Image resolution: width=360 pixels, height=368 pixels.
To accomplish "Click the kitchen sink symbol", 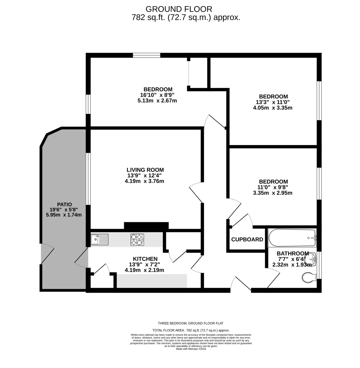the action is [100, 240].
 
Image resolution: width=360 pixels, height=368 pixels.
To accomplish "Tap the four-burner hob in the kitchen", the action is [137, 240].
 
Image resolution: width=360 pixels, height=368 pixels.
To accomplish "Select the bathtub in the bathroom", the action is [292, 238].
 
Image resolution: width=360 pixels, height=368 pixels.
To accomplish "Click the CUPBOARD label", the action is [247, 240].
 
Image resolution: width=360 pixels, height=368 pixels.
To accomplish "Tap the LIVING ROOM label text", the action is [145, 170].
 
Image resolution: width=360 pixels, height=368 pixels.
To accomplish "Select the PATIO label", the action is [64, 204].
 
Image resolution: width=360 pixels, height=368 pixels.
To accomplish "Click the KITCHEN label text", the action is [145, 259].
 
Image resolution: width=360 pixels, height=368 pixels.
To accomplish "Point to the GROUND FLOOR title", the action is [179, 9].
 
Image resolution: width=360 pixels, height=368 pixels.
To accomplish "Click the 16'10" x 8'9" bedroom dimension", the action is [157, 95].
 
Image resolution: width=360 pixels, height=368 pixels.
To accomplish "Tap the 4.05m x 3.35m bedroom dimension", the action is [273, 108].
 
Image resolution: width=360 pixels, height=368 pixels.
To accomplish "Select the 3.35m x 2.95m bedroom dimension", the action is [273, 193].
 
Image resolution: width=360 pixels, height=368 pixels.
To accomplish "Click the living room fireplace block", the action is [146, 225].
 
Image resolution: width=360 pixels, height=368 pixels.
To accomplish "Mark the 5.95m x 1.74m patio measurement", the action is [64, 215].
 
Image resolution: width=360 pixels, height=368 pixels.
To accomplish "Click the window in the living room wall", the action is [88, 179].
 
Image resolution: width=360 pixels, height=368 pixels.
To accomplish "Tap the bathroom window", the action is [319, 265].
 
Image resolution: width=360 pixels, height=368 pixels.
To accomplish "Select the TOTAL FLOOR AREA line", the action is [191, 330].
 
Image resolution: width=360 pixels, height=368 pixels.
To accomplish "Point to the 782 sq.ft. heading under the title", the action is [186, 17].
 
